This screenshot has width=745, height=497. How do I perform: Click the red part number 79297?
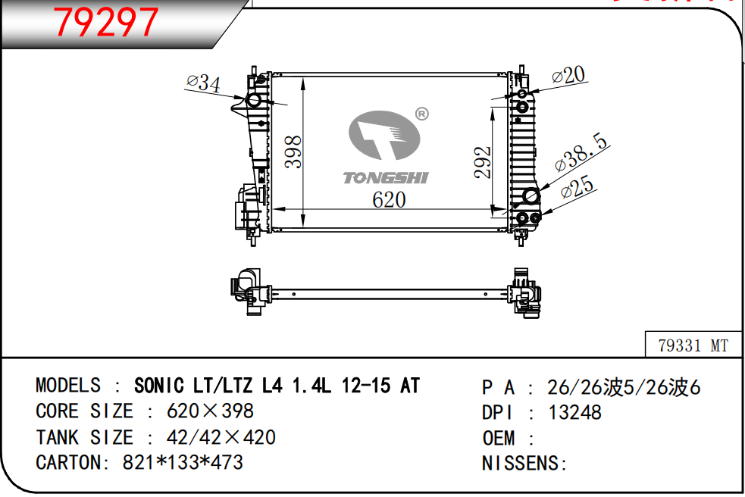coord(105,22)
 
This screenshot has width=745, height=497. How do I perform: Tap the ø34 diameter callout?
coord(203,83)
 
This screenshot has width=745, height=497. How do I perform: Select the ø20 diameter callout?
coord(568,75)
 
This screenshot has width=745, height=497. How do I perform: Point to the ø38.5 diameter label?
coord(581,152)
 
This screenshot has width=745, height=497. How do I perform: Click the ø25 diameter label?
coord(577,186)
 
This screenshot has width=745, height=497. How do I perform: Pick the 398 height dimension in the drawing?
coord(293,152)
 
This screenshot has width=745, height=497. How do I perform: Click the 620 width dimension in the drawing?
coord(389,199)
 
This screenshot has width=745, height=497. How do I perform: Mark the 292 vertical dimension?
coord(482,162)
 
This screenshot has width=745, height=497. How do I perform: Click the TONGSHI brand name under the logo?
coord(386,178)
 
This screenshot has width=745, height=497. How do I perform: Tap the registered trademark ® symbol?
coord(422,114)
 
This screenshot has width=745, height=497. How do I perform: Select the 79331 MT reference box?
coord(693,345)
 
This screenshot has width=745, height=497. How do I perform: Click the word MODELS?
coord(68,386)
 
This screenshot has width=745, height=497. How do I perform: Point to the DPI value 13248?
coord(575,412)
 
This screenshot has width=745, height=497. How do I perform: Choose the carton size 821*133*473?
coord(183,462)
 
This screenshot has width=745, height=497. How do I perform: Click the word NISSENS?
coord(520,463)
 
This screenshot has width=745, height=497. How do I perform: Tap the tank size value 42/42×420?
coord(221,437)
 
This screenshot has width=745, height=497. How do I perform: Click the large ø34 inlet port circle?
coord(254,100)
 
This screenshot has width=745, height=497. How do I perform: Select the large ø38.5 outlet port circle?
coord(531,195)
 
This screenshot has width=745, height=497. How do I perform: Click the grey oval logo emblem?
coord(384,136)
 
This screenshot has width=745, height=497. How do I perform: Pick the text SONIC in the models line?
coord(158,386)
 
